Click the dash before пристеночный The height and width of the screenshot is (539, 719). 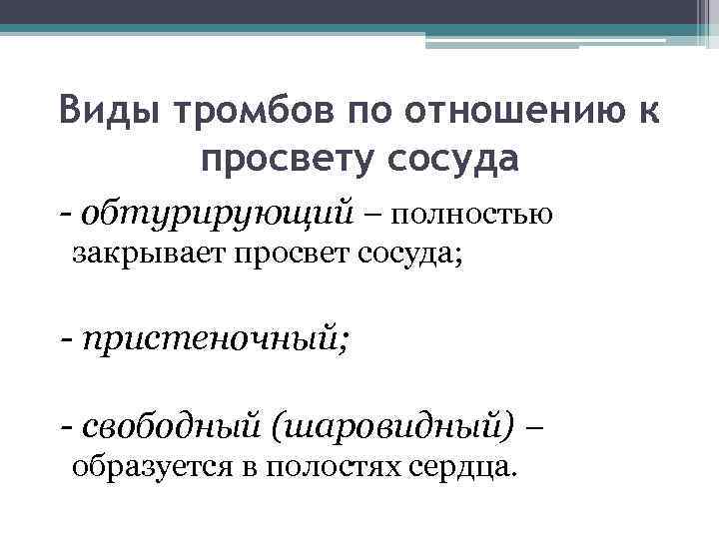65,341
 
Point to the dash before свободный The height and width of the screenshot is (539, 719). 65,429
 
